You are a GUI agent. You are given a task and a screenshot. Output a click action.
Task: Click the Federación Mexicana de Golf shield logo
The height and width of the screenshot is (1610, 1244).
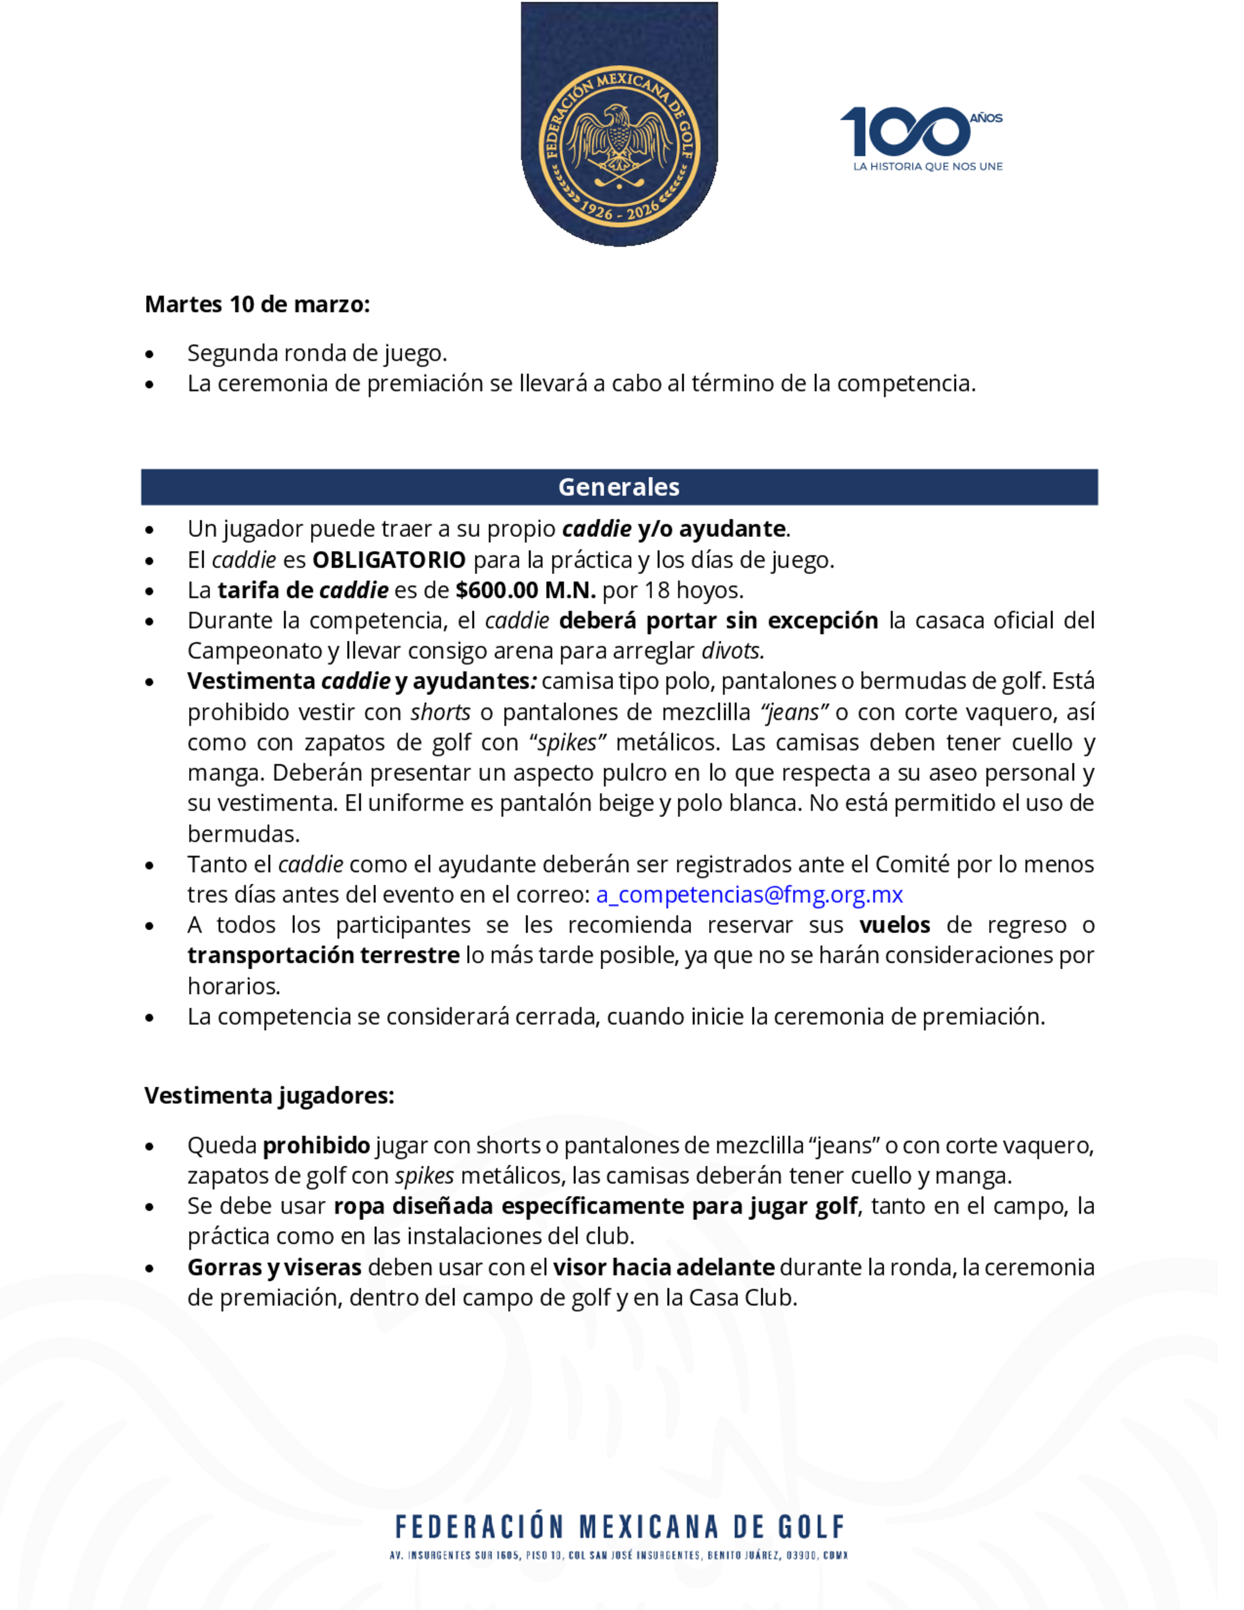pos(619,125)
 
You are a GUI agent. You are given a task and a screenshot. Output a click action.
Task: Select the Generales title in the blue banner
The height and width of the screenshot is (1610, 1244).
pos(619,486)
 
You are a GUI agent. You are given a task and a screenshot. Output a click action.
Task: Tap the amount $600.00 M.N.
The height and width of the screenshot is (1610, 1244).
pos(526,590)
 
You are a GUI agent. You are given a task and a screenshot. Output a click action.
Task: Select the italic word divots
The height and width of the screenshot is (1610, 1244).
pos(733,651)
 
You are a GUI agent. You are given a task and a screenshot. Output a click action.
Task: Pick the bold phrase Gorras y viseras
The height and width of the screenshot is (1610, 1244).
pos(274,1267)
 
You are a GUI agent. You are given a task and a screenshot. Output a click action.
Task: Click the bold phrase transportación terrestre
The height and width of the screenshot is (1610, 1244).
pos(323,956)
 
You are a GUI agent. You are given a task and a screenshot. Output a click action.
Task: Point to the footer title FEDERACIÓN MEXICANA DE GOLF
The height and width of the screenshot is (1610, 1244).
pos(620,1527)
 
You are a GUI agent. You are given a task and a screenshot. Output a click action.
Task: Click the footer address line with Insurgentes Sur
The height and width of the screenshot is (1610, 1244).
pos(619,1555)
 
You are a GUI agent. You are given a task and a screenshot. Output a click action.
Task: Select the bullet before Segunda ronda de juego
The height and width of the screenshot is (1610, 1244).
pos(151,355)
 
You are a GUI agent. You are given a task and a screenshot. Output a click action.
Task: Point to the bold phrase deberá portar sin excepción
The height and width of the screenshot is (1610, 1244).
pos(718,621)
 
